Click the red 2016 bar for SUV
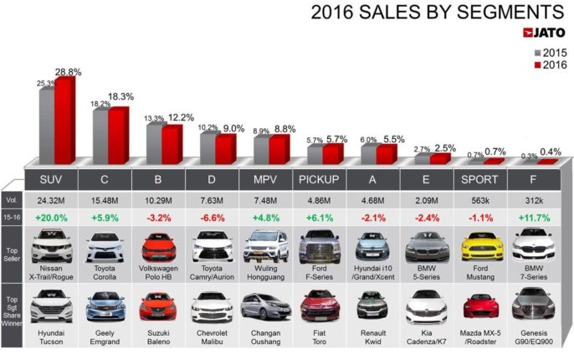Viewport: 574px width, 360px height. point(64,122)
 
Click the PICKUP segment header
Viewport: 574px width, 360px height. point(320,180)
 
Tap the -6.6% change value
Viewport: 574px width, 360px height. point(213,219)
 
